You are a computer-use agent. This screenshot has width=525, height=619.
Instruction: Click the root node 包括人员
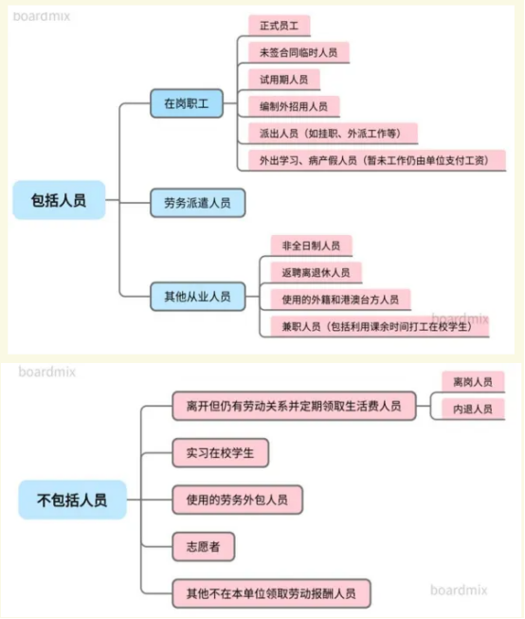click(59, 200)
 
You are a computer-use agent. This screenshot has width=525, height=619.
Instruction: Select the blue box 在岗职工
click(187, 103)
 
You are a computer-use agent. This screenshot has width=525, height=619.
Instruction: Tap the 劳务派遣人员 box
click(197, 203)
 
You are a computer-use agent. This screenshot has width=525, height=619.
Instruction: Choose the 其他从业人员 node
click(197, 297)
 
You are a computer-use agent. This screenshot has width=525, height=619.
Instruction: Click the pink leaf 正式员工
click(279, 26)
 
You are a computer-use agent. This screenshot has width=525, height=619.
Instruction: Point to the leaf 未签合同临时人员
click(299, 52)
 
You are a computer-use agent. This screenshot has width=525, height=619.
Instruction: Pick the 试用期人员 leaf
click(283, 80)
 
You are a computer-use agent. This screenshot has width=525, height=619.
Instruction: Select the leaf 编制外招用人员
click(294, 106)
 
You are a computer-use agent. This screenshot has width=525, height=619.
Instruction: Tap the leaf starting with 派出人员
click(333, 134)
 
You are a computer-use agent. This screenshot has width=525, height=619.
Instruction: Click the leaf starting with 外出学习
click(377, 160)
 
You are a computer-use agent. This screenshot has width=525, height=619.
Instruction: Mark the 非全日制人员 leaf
click(311, 246)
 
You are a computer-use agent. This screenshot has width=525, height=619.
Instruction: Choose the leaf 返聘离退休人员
click(316, 272)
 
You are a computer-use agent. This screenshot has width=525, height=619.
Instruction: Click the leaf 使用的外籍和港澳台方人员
click(340, 300)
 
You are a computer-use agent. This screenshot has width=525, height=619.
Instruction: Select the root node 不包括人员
click(72, 500)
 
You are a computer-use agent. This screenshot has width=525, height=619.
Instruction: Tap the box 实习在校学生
click(220, 453)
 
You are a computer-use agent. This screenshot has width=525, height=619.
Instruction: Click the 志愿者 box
click(204, 547)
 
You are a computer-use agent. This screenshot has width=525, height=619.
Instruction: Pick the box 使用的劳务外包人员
click(237, 500)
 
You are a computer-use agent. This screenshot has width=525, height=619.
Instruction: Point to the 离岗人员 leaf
click(473, 382)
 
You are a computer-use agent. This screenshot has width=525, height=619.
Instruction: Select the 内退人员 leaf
click(473, 409)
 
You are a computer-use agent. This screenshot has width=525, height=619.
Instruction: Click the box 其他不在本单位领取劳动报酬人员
click(271, 593)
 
